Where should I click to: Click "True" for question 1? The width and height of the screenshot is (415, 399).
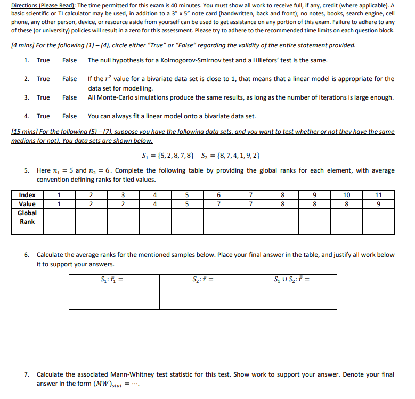43,60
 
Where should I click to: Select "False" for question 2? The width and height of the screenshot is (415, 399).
69,79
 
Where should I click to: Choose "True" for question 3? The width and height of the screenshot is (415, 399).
43,97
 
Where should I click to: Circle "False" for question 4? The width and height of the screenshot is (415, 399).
69,116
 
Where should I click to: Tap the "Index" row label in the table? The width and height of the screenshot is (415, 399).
27,195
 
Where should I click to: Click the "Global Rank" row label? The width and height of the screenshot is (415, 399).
27,217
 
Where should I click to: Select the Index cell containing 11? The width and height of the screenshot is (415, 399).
378,195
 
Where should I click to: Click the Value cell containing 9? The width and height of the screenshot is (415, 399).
378,204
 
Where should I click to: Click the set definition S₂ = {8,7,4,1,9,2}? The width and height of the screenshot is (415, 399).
231,156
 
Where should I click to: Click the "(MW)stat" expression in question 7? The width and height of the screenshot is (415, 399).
108,384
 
